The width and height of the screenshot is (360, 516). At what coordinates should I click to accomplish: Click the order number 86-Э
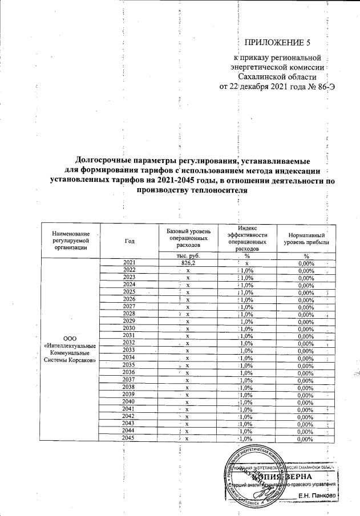click(x=319, y=87)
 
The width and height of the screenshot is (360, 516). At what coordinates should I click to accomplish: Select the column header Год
click(x=129, y=240)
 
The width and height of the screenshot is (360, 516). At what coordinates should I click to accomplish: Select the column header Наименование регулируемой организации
click(x=71, y=240)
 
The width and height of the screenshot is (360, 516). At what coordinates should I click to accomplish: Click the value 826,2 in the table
click(x=188, y=263)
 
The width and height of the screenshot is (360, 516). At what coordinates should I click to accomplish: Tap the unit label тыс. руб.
click(x=188, y=255)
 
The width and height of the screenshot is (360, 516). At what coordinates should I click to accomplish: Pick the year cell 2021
click(x=129, y=263)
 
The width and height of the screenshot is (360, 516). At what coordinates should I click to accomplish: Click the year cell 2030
click(x=129, y=329)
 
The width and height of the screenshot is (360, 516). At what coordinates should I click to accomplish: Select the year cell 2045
click(x=129, y=438)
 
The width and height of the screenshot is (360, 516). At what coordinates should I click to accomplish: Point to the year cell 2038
click(x=129, y=387)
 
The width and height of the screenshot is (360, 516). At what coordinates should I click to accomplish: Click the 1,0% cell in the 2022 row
click(x=248, y=270)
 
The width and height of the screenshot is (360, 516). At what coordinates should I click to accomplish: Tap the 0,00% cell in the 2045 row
click(x=306, y=438)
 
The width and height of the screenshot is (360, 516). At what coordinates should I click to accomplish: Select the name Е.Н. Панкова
click(x=317, y=497)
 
